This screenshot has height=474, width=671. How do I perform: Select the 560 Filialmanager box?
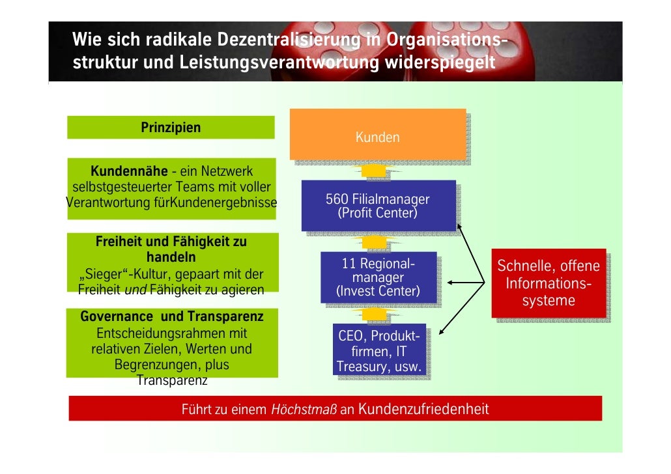378,206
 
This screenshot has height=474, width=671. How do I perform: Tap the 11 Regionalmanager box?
378,277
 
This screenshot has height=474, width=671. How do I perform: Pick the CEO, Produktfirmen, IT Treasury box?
379,352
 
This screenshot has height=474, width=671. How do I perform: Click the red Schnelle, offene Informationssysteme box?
549,283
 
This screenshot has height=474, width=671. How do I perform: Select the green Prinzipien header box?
171,128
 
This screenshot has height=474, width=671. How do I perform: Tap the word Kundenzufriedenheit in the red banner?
423,409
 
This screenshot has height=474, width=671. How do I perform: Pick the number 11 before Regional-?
349,264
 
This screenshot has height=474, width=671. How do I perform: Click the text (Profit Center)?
378,213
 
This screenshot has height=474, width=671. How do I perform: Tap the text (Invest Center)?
378,291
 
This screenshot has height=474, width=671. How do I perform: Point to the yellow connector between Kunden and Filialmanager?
375,171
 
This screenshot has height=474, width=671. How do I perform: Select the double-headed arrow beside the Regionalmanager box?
464,283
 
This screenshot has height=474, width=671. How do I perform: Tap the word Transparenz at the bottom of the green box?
172,380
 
